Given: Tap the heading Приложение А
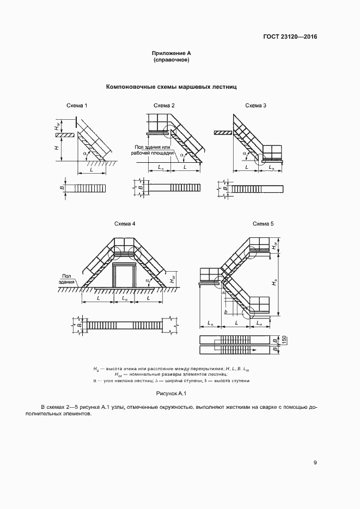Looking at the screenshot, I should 171,53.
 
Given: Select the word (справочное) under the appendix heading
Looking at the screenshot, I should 171,60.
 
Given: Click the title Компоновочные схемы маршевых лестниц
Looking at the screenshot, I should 172,87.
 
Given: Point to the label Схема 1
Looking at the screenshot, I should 77,105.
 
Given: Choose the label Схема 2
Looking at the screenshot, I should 164,105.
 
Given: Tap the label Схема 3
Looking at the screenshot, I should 255,105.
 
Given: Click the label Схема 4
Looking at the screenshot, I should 125,224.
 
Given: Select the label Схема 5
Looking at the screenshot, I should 264,224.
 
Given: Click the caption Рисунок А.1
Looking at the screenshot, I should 172,393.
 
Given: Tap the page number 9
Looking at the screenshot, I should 315,463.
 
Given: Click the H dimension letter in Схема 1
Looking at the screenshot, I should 56,148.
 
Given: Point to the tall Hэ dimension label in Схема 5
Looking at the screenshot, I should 276,283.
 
